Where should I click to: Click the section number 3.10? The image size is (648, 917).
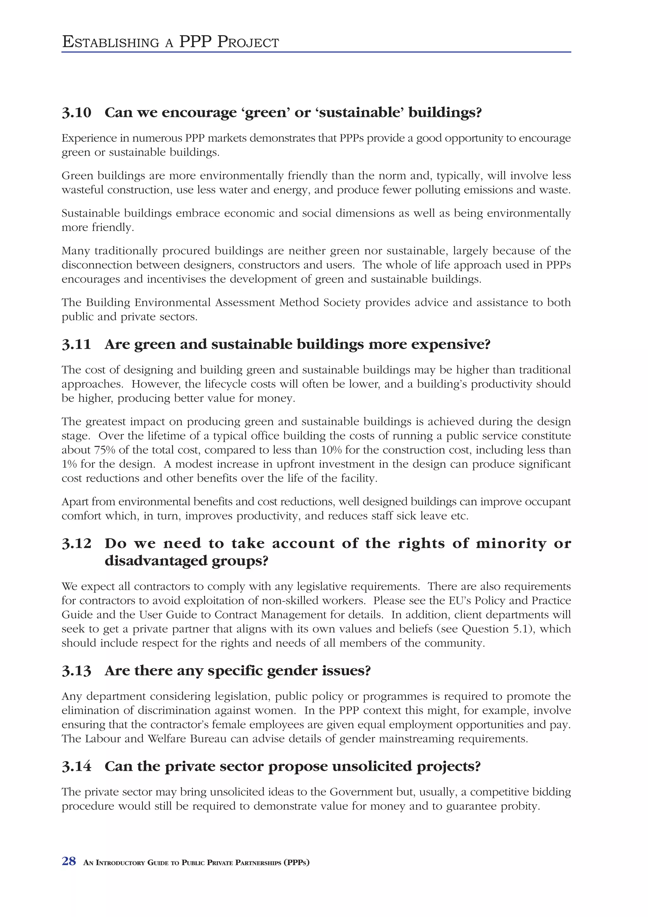pos(76,113)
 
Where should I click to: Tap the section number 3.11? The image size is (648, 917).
pos(76,344)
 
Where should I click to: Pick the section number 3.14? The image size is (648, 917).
pos(76,766)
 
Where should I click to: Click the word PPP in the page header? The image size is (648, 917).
pos(196,42)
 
